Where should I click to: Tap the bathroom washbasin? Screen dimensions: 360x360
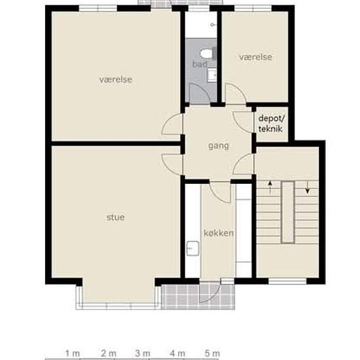(x=211, y=75)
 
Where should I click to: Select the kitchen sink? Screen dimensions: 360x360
(x=192, y=248)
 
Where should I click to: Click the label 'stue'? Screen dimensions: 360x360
(x=116, y=217)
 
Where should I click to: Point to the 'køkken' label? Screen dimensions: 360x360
(x=219, y=233)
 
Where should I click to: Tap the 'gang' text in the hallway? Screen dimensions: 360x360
(x=219, y=146)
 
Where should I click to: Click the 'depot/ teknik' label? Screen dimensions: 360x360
(x=272, y=124)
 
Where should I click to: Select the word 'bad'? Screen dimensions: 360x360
(x=200, y=64)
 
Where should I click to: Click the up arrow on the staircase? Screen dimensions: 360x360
(x=270, y=187)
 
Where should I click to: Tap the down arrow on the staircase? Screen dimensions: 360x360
(x=307, y=187)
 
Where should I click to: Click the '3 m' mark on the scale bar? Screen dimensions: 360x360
(x=143, y=353)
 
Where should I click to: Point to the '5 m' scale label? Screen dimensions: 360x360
(x=212, y=353)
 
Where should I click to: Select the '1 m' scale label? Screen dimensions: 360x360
(x=73, y=353)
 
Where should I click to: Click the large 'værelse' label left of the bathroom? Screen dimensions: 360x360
(x=116, y=80)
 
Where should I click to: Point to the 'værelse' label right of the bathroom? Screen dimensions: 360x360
(x=256, y=57)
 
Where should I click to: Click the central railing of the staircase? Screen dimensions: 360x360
(x=288, y=212)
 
